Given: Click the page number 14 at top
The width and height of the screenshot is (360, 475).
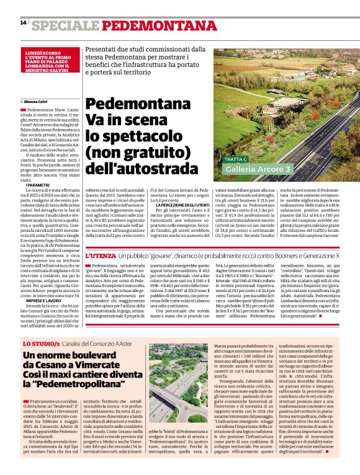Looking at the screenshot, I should click(23, 23).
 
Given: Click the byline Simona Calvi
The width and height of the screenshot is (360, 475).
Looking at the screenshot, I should click(37, 100).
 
